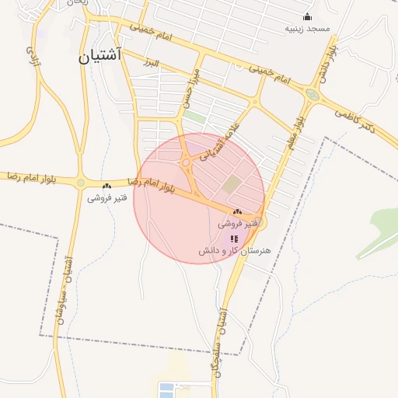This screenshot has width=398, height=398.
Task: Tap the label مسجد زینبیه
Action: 307,28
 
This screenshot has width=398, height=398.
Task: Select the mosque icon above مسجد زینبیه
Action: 307,17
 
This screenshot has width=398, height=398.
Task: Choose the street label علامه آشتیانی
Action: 220,141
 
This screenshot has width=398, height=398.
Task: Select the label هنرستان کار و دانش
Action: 234,251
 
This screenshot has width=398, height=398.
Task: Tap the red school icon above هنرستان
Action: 234,239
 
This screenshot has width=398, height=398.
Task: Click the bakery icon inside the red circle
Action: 236,211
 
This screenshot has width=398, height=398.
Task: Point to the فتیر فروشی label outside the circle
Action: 106,197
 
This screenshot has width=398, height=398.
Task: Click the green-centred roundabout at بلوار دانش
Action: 312,95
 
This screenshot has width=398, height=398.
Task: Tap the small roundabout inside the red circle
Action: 187,162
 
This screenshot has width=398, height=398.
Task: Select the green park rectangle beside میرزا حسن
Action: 195,118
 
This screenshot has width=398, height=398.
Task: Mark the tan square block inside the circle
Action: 232,185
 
